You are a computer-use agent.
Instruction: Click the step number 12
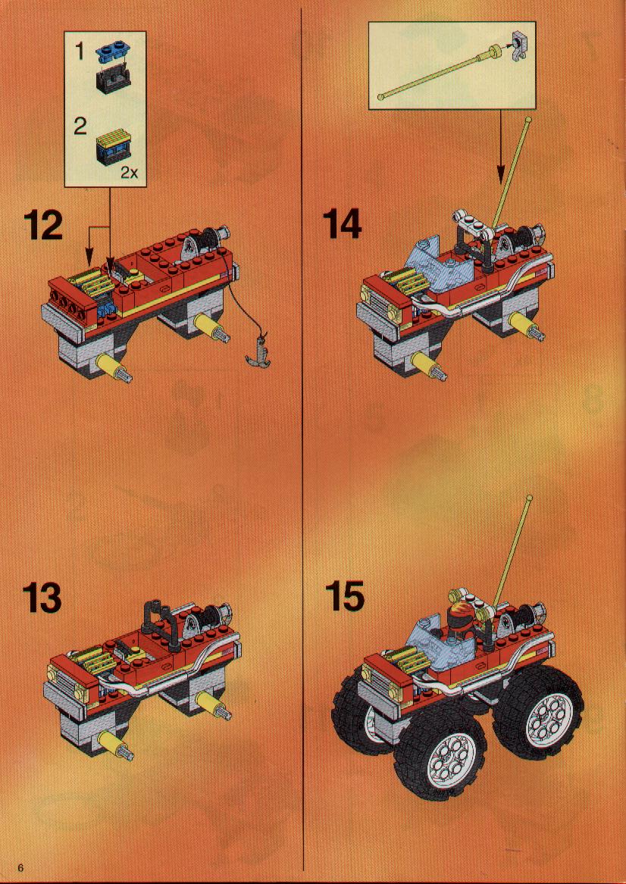pyautogui.click(x=43, y=226)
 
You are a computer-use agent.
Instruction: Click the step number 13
pyautogui.click(x=42, y=598)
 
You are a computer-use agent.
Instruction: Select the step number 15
pyautogui.click(x=345, y=596)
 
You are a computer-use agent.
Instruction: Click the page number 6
pyautogui.click(x=21, y=867)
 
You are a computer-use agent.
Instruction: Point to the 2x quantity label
pyautogui.click(x=129, y=173)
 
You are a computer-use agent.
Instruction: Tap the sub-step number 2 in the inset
pyautogui.click(x=80, y=127)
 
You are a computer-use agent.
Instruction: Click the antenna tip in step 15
pyautogui.click(x=529, y=498)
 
